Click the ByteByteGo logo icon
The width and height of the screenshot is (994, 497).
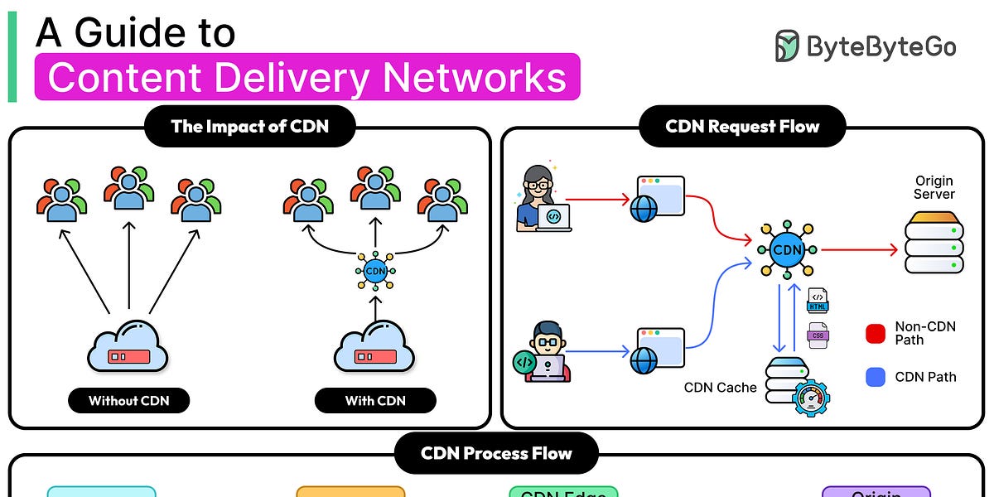(x=787, y=46)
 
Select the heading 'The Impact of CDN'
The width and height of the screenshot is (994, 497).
(x=249, y=127)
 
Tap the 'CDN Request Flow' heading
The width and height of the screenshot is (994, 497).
(x=742, y=127)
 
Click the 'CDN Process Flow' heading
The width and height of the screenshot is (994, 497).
(x=496, y=453)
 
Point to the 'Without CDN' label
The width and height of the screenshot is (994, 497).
(x=128, y=401)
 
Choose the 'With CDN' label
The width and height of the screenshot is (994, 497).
(x=375, y=401)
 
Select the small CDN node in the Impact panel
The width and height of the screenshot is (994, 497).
(x=375, y=271)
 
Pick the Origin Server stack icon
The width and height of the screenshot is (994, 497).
(x=934, y=242)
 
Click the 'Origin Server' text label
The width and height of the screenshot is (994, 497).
(x=934, y=187)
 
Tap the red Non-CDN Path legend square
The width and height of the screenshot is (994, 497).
(x=876, y=333)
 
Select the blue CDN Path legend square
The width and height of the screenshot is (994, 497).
(x=876, y=377)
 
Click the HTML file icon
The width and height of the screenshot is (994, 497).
(x=818, y=300)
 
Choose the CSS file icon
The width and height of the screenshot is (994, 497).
(x=818, y=335)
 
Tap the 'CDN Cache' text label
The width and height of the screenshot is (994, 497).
(x=720, y=387)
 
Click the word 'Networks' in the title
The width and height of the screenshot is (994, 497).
(x=475, y=77)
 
